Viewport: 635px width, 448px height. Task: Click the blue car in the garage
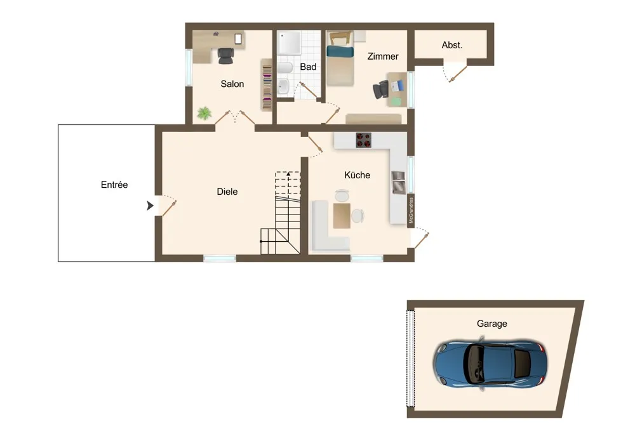490,362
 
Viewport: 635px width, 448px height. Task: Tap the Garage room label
491,324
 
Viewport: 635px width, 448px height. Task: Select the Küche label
357,175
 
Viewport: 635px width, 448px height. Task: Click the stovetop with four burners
364,140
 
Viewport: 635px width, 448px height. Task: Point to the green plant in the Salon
204,113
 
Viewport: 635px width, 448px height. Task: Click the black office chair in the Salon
225,56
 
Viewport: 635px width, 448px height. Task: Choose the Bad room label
308,67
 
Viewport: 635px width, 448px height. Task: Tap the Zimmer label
383,56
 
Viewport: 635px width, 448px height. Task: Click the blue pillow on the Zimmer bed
340,51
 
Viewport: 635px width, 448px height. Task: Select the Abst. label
452,45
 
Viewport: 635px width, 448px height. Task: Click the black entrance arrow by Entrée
150,206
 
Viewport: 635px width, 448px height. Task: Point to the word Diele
227,192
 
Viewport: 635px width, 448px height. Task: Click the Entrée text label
114,185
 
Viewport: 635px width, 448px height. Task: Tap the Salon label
232,84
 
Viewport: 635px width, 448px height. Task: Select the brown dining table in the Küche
342,216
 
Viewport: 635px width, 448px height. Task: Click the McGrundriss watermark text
411,210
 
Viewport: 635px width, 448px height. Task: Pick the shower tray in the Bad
289,43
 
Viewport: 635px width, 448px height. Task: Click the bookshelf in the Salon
267,85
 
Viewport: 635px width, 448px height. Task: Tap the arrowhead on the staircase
288,174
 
